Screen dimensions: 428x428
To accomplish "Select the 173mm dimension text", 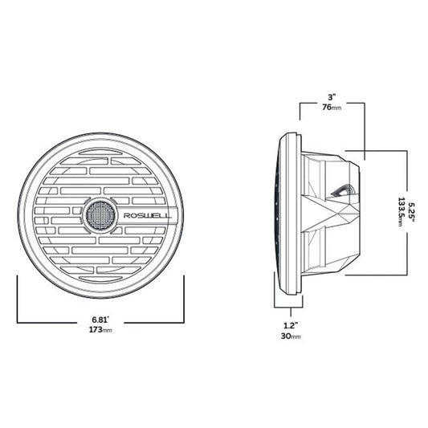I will [101, 330].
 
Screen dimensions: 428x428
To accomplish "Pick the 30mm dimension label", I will [290, 336].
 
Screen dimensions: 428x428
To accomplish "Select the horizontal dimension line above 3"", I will [331, 102].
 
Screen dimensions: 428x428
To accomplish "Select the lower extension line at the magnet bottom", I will [377, 274].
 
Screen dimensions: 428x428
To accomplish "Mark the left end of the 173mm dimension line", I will [18, 322].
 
